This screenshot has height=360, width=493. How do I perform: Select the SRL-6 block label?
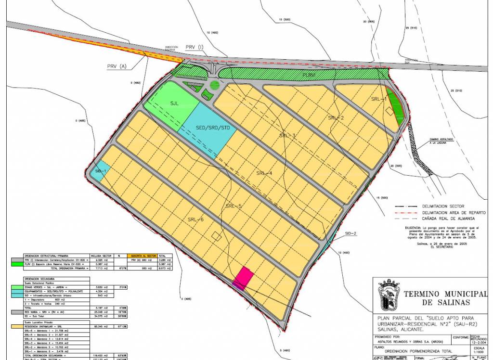pos(196,219)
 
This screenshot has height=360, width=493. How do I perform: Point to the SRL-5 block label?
pos(233,206)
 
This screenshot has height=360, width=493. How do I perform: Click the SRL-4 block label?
pos(264,173)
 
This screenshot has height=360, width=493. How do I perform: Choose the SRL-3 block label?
pos(287,135)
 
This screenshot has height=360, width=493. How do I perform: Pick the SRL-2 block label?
pos(336,117)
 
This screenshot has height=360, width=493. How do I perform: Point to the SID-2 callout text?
pos(350,234)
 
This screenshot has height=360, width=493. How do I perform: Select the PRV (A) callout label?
pos(116,66)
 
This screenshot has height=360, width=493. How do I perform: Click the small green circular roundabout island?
pos(215,86)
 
